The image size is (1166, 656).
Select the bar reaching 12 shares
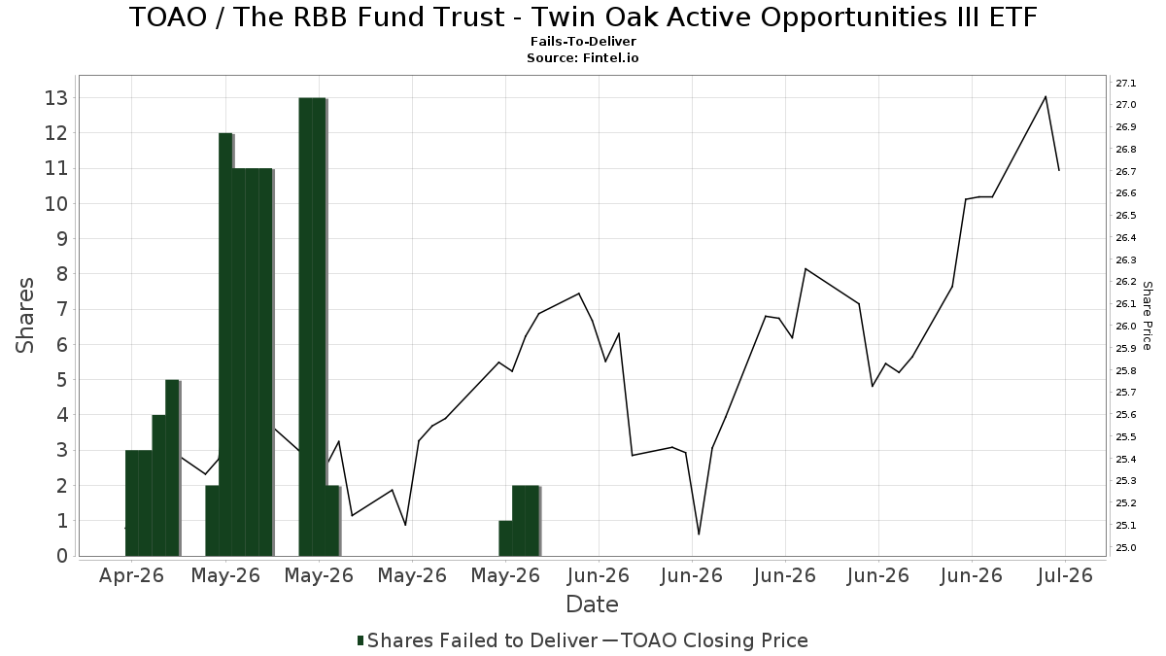click(x=225, y=345)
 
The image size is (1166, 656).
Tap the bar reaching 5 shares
click(x=172, y=468)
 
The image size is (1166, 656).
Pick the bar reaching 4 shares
click(x=158, y=486)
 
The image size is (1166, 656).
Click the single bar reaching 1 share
click(x=505, y=538)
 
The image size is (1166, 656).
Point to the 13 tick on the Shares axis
click(x=56, y=98)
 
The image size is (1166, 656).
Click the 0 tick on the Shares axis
click(x=62, y=556)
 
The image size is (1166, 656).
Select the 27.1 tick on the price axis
click(x=1126, y=84)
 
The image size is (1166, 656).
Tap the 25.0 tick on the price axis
click(x=1126, y=548)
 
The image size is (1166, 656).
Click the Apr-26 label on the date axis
click(x=131, y=575)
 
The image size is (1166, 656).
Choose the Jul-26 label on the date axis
click(x=1065, y=575)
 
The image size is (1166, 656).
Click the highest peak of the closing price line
click(x=1046, y=97)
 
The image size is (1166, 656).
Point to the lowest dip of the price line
click(x=699, y=535)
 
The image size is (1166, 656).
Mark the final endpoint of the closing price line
click(x=1059, y=170)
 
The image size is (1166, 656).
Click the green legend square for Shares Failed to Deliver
click(x=360, y=640)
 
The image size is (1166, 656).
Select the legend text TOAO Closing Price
click(x=714, y=640)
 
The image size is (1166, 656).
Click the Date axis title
click(x=592, y=604)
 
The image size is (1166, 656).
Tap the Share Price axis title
click(x=1148, y=316)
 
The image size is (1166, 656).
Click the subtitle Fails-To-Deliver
click(x=583, y=42)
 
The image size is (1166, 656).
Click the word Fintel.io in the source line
click(x=610, y=57)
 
